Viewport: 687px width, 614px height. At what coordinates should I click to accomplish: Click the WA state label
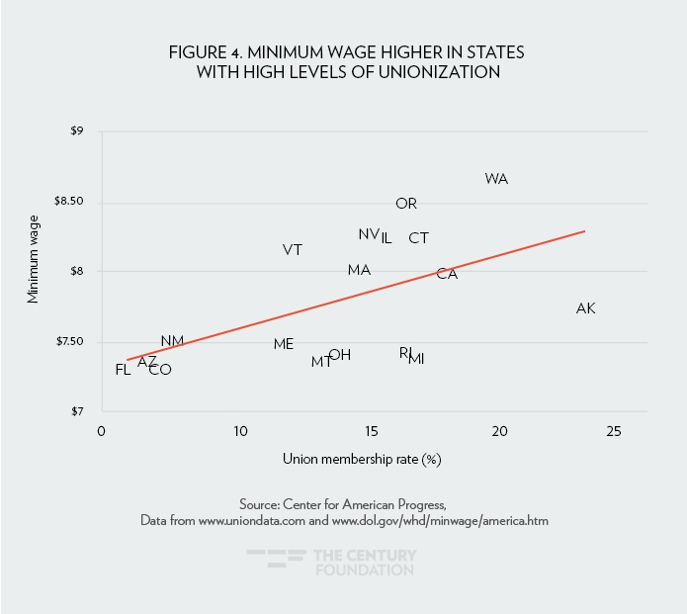pyautogui.click(x=496, y=179)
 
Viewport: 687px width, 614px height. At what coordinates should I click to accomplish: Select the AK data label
pyautogui.click(x=585, y=308)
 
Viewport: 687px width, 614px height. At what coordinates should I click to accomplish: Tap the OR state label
pyautogui.click(x=406, y=204)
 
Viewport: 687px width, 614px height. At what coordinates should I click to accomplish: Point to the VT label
pyautogui.click(x=292, y=250)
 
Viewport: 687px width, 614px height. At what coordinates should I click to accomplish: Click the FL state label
pyautogui.click(x=123, y=370)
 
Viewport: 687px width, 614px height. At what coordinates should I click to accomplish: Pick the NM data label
pyautogui.click(x=172, y=341)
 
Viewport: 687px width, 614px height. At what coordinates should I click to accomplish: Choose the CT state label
pyautogui.click(x=418, y=238)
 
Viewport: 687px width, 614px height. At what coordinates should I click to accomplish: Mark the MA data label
pyautogui.click(x=359, y=270)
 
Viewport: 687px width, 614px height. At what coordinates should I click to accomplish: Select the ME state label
pyautogui.click(x=284, y=344)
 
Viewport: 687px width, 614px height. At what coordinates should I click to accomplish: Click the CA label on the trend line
pyautogui.click(x=447, y=274)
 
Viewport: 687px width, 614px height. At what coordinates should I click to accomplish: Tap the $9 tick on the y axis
pyautogui.click(x=76, y=132)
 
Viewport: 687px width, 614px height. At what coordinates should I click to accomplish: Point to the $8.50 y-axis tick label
pyautogui.click(x=70, y=202)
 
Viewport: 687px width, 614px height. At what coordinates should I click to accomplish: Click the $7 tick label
pyautogui.click(x=76, y=411)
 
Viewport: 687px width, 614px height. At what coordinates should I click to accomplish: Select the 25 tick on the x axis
pyautogui.click(x=613, y=432)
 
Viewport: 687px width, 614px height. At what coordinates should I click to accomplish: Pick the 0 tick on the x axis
pyautogui.click(x=101, y=432)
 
